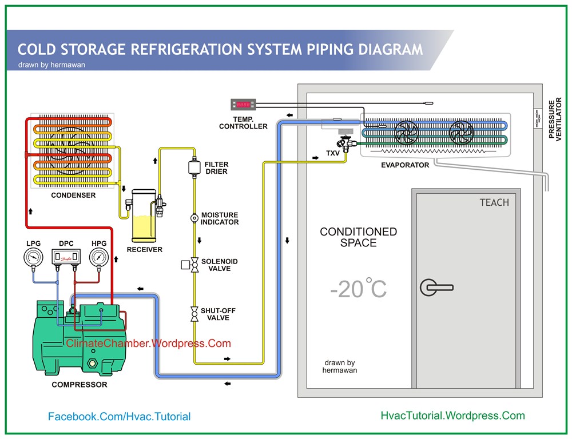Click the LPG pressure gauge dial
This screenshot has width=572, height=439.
click(x=33, y=258)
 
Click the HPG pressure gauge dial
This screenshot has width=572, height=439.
click(x=99, y=258)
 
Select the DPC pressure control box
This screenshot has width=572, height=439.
click(x=66, y=258)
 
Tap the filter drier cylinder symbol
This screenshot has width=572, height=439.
click(x=193, y=167)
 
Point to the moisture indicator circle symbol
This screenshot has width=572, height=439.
click(x=194, y=218)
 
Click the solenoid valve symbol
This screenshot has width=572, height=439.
click(x=194, y=265)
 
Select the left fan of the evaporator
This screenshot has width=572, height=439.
click(x=407, y=133)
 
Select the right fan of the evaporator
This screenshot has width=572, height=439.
click(x=460, y=133)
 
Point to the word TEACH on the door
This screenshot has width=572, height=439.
click(x=494, y=202)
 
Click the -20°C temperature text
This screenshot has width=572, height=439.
click(x=358, y=289)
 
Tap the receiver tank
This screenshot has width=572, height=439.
click(x=140, y=215)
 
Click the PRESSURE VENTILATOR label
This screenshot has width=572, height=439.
click(x=555, y=120)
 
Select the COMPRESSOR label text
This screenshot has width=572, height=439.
click(x=79, y=385)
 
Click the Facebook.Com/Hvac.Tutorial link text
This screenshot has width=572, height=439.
click(x=119, y=417)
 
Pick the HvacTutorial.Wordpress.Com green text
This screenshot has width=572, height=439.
click(x=452, y=416)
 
